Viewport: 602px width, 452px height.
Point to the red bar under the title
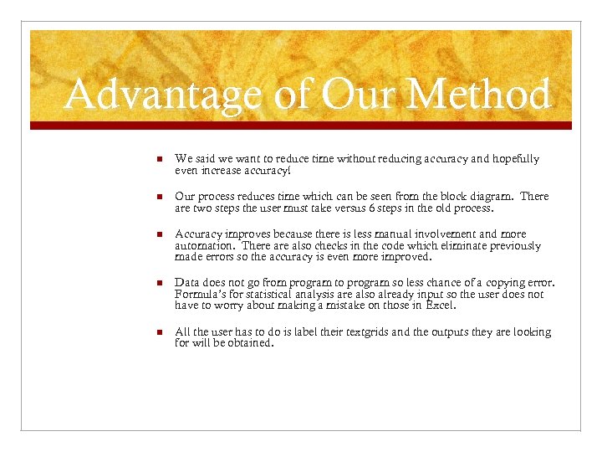coord(301,126)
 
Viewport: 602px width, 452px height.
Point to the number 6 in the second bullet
coord(372,208)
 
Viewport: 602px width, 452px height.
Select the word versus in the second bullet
coord(344,208)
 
